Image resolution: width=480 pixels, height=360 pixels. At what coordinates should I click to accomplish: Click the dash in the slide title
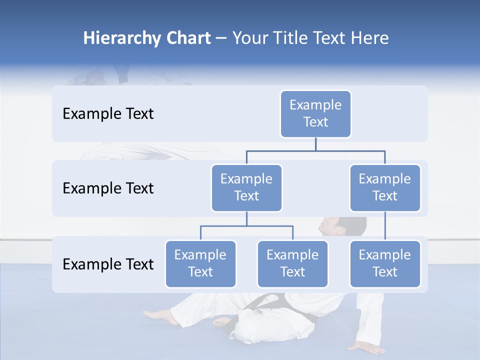click(x=221, y=39)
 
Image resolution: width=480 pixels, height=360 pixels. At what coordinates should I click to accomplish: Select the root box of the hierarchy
click(x=315, y=114)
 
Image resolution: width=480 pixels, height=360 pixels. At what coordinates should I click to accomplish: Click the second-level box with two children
click(x=246, y=188)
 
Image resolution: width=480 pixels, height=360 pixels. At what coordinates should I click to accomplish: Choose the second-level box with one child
click(x=384, y=188)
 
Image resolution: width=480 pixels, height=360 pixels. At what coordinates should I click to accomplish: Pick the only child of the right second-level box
click(x=384, y=264)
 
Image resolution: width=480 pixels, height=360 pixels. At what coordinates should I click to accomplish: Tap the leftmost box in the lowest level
click(x=200, y=264)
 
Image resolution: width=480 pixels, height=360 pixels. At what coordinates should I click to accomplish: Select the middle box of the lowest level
click(x=292, y=264)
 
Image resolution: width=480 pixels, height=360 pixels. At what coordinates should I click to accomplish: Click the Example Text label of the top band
click(x=108, y=114)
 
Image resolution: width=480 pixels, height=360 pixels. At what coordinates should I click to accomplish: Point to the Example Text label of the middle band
click(x=108, y=188)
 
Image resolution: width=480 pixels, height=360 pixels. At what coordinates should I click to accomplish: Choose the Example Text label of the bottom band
click(x=108, y=264)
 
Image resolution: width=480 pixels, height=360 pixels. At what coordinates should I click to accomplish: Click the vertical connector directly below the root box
click(x=315, y=144)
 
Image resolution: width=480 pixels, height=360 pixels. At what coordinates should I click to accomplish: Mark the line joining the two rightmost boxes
click(x=385, y=226)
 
